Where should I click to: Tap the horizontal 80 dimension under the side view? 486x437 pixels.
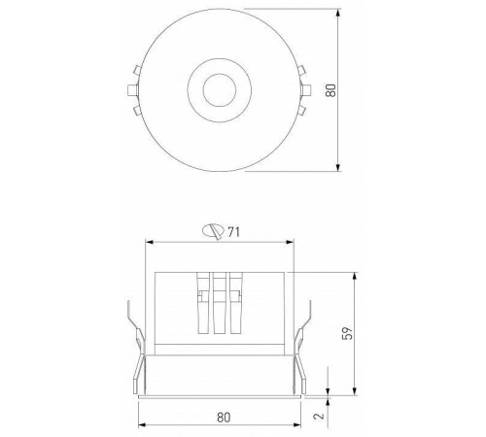pyautogui.click(x=224, y=417)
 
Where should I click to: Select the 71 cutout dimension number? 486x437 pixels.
pyautogui.click(x=233, y=230)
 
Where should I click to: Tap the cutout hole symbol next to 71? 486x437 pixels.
pyautogui.click(x=212, y=230)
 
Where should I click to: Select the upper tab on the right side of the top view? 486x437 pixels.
pyautogui.click(x=302, y=70)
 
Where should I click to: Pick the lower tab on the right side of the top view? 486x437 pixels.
pyautogui.click(x=302, y=111)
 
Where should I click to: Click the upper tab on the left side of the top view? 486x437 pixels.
pyautogui.click(x=131, y=70)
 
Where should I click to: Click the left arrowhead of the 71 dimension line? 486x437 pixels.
pyautogui.click(x=148, y=241)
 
